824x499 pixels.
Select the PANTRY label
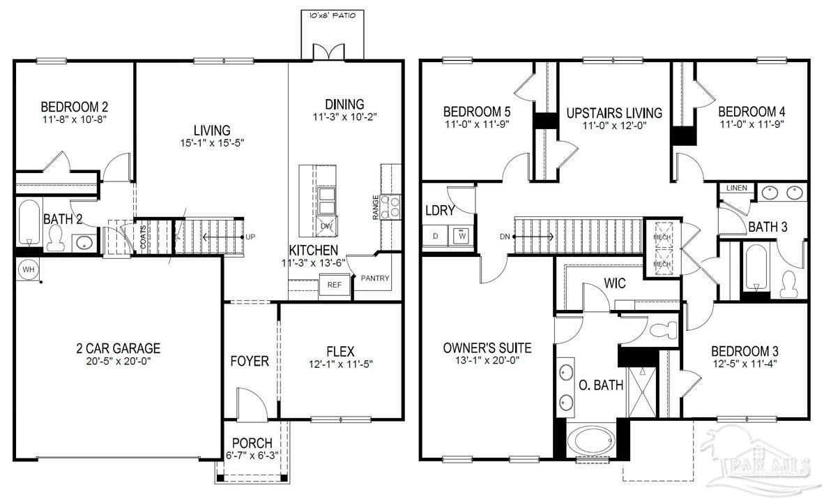(x=375, y=278)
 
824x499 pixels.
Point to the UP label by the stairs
(x=250, y=237)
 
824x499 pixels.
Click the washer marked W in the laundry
(x=461, y=236)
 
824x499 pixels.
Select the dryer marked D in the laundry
(x=436, y=236)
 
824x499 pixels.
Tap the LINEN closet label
(x=736, y=188)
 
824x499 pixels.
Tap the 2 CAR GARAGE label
(x=119, y=348)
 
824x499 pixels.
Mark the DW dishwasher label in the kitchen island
(x=326, y=226)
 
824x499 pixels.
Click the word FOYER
(x=250, y=362)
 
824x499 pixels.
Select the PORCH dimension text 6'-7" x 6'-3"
(x=252, y=456)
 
